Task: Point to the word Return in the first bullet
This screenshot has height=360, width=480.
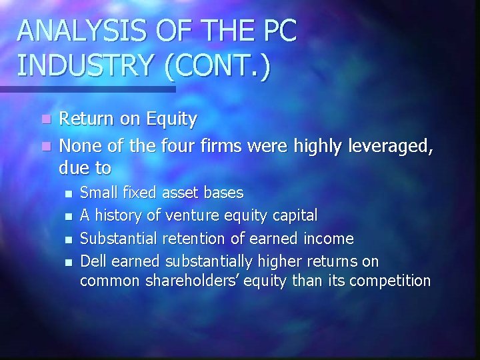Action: click(x=85, y=119)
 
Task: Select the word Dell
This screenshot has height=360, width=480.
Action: click(x=93, y=259)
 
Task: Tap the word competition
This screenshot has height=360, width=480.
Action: click(x=391, y=281)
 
